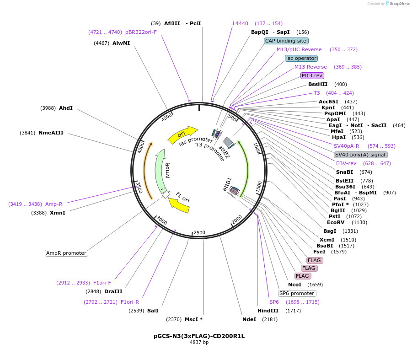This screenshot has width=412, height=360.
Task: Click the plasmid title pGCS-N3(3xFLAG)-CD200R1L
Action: tap(199, 336)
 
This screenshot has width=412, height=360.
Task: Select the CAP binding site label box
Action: tap(286, 41)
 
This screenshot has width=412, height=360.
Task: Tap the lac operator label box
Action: tap(301, 58)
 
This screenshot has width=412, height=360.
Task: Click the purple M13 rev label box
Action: tap(312, 75)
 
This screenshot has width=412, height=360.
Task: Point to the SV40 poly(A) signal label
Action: tap(360, 155)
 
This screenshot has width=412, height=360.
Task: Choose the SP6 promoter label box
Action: tap(297, 293)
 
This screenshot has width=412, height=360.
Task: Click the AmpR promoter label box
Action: tap(66, 253)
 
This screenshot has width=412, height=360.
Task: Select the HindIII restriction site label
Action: tap(268, 311)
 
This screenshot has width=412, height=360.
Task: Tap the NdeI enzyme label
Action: tap(249, 319)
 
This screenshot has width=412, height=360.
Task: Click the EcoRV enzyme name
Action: tap(336, 222)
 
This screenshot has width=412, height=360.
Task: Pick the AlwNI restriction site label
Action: tap(121, 43)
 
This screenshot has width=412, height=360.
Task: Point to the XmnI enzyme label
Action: tap(58, 213)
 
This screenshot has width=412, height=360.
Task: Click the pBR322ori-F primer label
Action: tap(141, 32)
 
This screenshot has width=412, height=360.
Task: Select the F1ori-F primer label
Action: tap(102, 283)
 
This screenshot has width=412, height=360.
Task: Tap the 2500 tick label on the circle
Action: tap(199, 232)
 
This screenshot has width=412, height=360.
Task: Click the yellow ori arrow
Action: tap(182, 135)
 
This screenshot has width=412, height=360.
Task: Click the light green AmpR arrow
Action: tap(159, 171)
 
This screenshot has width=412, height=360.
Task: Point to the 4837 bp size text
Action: tap(199, 342)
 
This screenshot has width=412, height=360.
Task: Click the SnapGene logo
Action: tap(398, 3)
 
